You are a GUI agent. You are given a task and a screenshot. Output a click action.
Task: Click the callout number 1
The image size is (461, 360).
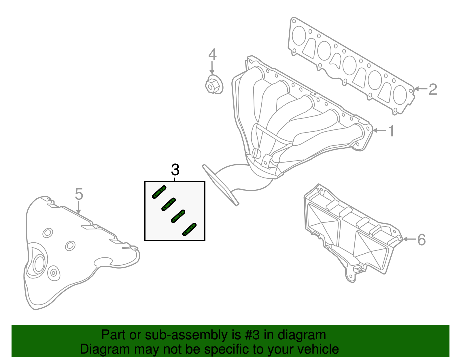tap(391, 131)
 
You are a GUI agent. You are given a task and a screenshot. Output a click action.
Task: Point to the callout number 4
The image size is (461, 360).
tap(212, 54)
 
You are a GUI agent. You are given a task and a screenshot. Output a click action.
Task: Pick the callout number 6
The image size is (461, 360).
tap(422, 240)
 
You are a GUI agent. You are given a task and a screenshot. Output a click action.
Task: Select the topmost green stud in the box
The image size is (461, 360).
tap(159, 192)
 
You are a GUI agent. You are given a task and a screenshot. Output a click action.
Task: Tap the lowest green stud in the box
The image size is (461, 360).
tap(190, 229)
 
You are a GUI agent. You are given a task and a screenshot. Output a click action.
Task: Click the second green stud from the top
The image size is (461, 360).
tap(169, 204)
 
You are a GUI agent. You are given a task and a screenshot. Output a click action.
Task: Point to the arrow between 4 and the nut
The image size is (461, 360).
tap(212, 68)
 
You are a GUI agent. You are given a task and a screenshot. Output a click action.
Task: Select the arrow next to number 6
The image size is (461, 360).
tap(409, 239)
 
